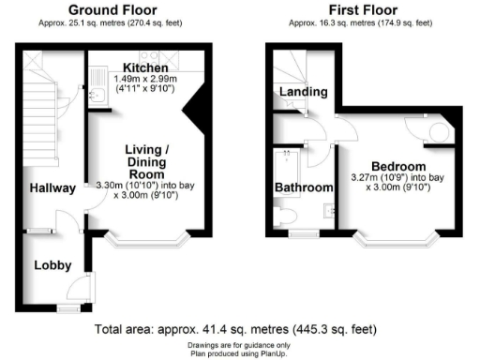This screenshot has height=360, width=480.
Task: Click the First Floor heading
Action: (348, 9)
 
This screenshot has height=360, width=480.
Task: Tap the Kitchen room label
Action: (144, 68)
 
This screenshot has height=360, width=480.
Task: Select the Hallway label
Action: (51, 188)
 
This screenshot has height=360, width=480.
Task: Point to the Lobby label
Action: (52, 265)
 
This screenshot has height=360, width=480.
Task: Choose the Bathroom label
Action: (304, 187)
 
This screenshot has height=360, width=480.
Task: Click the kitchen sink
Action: (97, 95)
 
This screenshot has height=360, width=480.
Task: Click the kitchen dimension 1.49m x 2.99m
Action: (146, 81)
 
